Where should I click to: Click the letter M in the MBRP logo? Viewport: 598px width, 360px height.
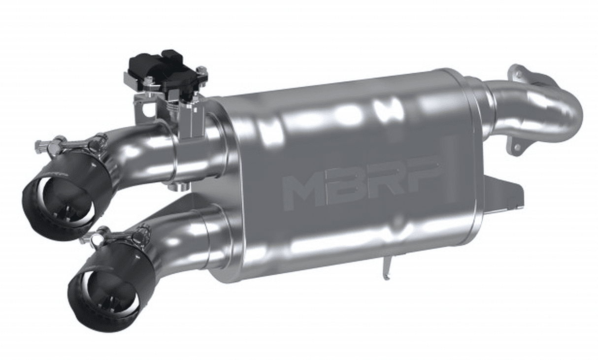(301, 190)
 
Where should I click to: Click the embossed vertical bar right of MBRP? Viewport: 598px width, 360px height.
(449, 170)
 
